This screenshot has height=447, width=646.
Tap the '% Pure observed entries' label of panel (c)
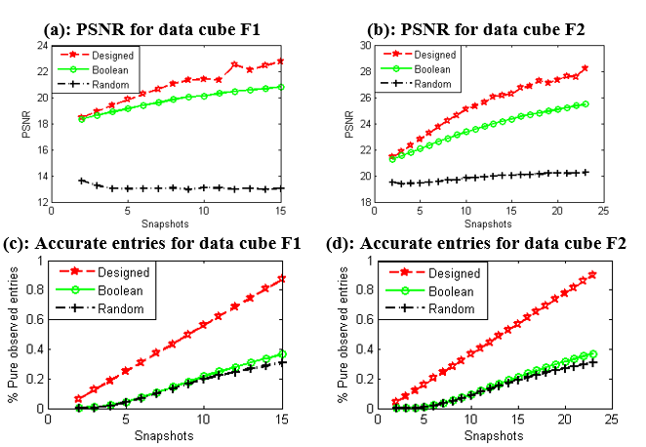pyautogui.click(x=15, y=334)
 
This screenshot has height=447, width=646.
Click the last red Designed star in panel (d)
pyautogui.click(x=591, y=274)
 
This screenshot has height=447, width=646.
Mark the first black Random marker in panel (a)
pyautogui.click(x=82, y=181)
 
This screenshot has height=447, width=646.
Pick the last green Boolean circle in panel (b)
pyautogui.click(x=585, y=103)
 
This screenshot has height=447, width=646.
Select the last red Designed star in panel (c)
pyautogui.click(x=281, y=278)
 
